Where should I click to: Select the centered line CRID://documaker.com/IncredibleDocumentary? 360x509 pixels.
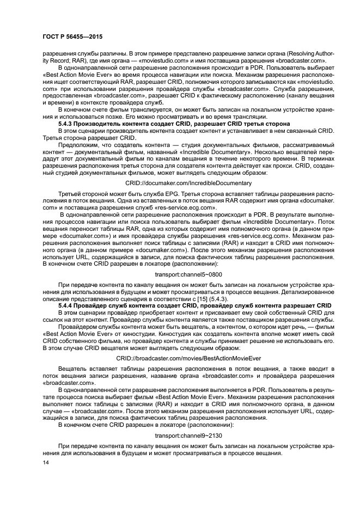[188, 183]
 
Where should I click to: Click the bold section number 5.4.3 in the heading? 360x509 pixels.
[66, 125]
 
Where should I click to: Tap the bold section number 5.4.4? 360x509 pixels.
[66, 305]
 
